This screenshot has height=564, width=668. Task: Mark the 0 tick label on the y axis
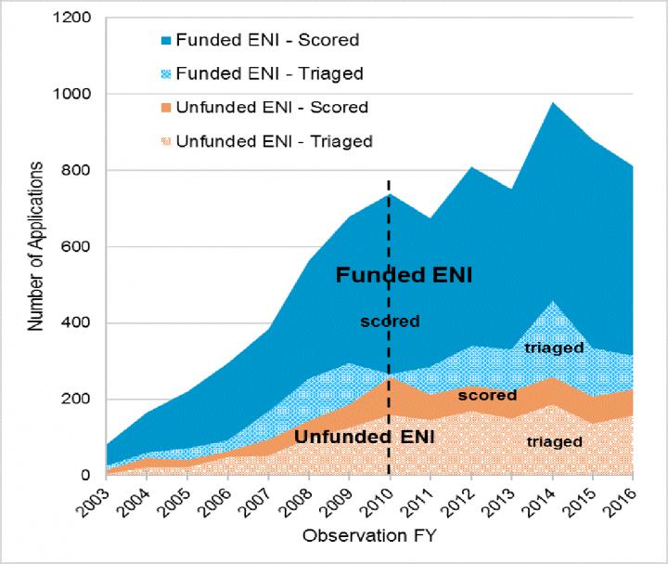click(x=84, y=476)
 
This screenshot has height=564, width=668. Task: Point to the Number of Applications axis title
click(x=35, y=246)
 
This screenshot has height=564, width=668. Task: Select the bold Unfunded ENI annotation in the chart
click(x=353, y=436)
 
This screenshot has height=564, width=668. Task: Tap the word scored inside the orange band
click(x=486, y=395)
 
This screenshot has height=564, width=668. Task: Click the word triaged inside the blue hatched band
click(x=554, y=348)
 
